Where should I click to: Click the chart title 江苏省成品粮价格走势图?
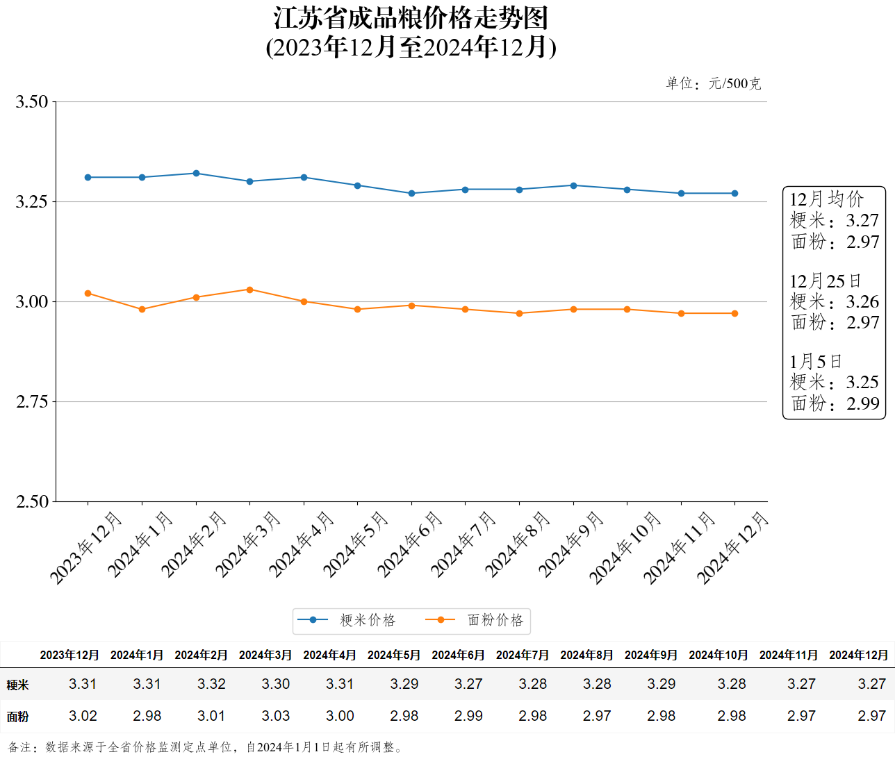coord(411,19)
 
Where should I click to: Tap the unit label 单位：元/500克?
coord(713,84)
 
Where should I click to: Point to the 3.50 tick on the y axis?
coord(32,102)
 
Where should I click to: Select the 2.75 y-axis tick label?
coord(32,402)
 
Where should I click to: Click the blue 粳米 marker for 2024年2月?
coord(196,174)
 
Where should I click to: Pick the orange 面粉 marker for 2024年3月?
coord(250,290)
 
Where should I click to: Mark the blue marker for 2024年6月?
coord(411,194)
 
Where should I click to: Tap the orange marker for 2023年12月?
coord(88,294)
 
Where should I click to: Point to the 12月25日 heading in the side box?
coord(825,281)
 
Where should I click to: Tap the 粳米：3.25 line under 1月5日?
coord(834,383)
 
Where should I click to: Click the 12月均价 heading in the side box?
coord(826,199)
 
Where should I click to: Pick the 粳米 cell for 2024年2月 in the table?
coord(211,684)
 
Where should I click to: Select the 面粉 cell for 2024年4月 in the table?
coord(340,716)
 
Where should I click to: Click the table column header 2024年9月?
coord(651,655)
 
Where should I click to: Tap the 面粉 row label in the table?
coord(18,717)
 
